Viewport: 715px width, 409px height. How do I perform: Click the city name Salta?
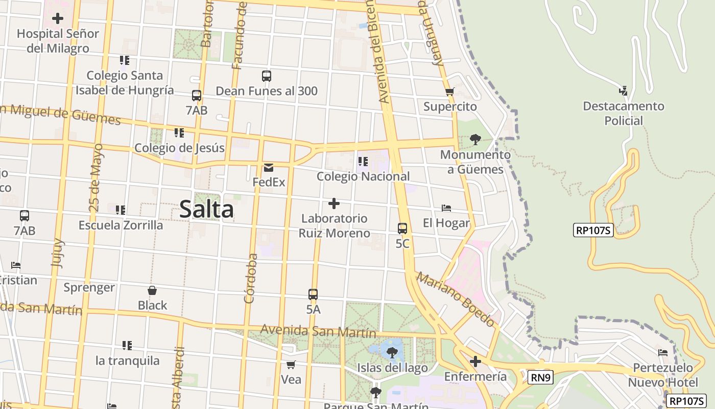point(206,210)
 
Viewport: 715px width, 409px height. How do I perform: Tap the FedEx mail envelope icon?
point(268,168)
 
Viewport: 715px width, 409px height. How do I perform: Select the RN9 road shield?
point(540,378)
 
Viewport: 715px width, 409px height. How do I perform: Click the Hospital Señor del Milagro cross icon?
point(58,19)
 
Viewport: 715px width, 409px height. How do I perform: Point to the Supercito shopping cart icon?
point(449,92)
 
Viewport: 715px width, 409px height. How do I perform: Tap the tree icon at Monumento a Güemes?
point(475,139)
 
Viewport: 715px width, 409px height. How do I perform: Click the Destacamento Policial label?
point(623,113)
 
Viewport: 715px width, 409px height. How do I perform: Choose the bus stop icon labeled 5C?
point(402,229)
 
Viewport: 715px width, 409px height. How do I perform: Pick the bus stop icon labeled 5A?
point(313,294)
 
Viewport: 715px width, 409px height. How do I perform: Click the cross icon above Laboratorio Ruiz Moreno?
point(334,203)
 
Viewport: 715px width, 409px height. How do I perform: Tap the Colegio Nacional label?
point(363,176)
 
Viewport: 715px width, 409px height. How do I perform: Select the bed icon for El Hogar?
point(446,208)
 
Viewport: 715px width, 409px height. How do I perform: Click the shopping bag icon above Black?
point(152,290)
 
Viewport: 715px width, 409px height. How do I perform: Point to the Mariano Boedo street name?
point(456,299)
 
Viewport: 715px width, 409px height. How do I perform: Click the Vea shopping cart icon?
point(291,365)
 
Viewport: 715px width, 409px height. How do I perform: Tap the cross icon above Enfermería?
point(475,362)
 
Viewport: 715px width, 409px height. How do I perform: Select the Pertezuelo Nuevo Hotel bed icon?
point(663,353)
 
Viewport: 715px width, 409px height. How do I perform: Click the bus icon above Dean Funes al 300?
point(267,76)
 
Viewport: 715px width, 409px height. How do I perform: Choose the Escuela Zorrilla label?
point(121,225)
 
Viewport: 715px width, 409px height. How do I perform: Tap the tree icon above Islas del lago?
point(392,352)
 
